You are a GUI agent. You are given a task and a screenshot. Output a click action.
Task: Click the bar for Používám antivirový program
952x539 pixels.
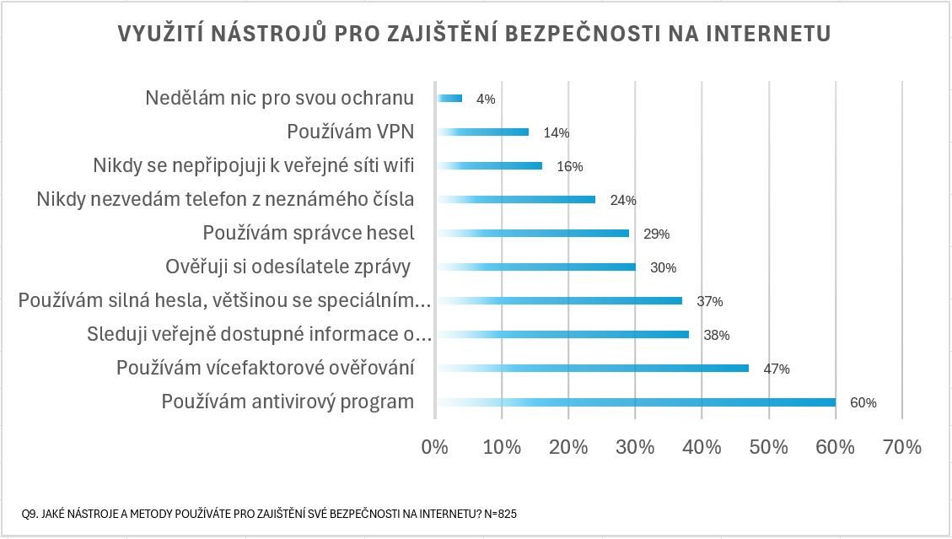pos(637,402)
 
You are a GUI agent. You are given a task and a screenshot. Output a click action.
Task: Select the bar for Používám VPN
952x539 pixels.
pos(483,132)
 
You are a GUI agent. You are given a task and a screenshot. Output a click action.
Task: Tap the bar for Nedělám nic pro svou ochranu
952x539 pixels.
pos(449,98)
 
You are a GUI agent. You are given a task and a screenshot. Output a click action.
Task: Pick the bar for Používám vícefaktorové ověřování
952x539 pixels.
pos(593,368)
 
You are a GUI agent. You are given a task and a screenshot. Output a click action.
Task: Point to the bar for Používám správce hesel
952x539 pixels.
pos(533,233)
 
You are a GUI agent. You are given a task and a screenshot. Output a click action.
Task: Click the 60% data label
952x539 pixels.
pos(863,403)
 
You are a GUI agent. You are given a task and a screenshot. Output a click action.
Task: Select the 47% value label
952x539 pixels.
pos(776,369)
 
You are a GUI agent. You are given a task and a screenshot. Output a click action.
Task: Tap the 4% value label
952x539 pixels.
pos(486,100)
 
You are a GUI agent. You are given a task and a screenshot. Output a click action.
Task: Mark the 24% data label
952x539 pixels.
pos(623,201)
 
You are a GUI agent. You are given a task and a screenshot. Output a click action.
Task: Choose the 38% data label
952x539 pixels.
pos(716,336)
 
